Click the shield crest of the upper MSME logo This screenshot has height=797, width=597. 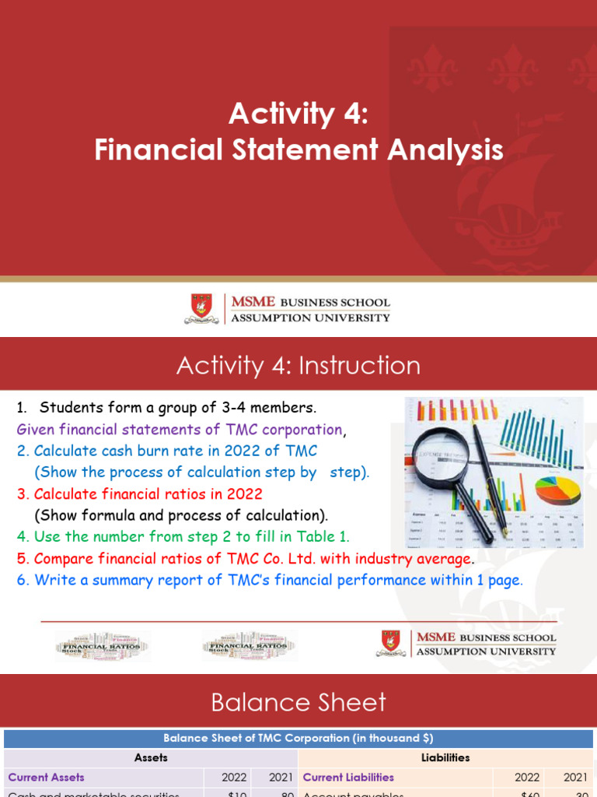(201, 308)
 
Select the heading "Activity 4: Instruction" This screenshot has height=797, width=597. (298, 365)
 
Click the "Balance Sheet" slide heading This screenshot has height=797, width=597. (298, 703)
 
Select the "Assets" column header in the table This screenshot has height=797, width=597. (151, 757)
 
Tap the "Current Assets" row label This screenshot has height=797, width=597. (47, 777)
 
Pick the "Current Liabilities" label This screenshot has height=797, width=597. (348, 777)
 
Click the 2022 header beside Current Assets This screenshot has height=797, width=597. (233, 777)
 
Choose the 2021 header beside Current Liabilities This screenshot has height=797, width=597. (575, 777)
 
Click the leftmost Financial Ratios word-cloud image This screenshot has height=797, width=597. (103, 645)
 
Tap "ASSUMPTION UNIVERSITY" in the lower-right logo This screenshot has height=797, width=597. (486, 651)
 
